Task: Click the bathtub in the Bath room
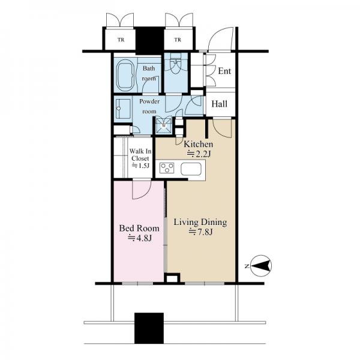coord(125,75)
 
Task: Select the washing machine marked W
coord(164,125)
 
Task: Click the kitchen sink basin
coord(191,169)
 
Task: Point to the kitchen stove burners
coord(167,168)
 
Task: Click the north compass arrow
coord(260,266)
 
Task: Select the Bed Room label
coord(139,229)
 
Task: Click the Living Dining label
coord(200,222)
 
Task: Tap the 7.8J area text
coord(200,232)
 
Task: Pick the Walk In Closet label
coord(140,155)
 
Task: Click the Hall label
coord(219,104)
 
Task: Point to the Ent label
coord(224,71)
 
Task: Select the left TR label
coord(121,40)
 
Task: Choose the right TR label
coord(178,40)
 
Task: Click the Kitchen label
coord(199,144)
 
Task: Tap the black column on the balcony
coord(149,328)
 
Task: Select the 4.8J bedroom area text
coord(140,238)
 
